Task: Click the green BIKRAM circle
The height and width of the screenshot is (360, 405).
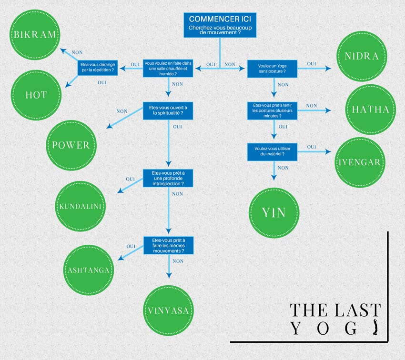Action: pos(34,35)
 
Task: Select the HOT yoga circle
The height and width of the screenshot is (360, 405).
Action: pos(36,95)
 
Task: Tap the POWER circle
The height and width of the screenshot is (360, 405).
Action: pos(71,145)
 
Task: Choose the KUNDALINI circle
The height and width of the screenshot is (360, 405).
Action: pos(81,206)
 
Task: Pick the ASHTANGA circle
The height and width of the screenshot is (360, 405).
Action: pos(89,270)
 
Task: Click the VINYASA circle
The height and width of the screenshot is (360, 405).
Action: pos(168,310)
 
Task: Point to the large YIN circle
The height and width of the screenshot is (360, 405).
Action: pos(274,212)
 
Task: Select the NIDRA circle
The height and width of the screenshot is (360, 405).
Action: pos(362,56)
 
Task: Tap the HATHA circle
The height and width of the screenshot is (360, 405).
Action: pos(370,110)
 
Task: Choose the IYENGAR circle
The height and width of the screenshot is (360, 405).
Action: pos(360,162)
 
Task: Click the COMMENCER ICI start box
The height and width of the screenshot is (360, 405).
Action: pos(220,25)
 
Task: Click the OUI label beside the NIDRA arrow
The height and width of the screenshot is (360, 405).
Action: pos(312,63)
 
